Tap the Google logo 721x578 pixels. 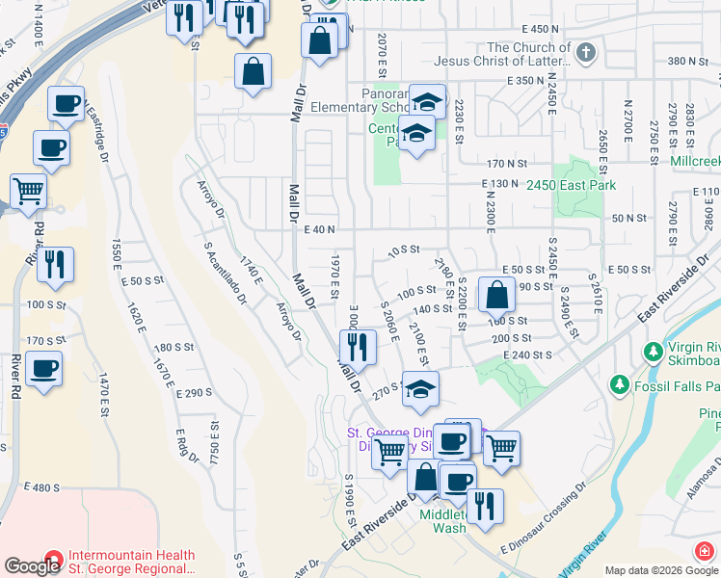tap(32, 566)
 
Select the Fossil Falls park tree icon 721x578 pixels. tap(617, 385)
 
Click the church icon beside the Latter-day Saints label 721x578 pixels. tap(586, 53)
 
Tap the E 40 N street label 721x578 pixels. tap(318, 229)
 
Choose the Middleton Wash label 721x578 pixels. tap(443, 520)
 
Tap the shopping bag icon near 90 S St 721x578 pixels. tap(496, 295)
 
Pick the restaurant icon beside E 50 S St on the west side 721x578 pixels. tap(56, 265)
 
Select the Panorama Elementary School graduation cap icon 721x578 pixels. tap(426, 101)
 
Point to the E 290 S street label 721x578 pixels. tap(194, 394)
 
